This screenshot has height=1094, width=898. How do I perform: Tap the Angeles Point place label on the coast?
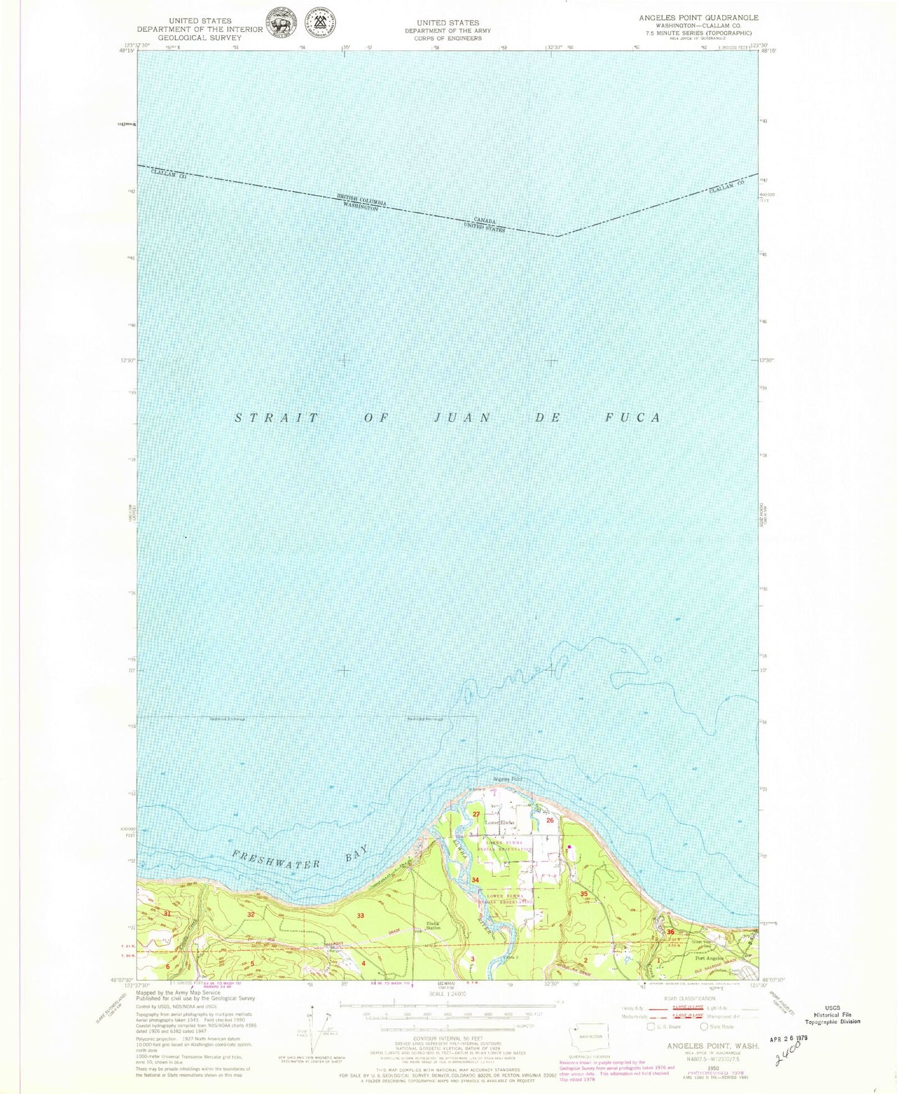coord(507,779)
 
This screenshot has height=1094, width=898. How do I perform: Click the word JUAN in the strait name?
coord(457,418)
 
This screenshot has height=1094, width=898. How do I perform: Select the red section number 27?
coord(477,814)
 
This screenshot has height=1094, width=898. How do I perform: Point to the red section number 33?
coord(360,916)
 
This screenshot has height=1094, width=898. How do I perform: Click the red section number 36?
coord(670,932)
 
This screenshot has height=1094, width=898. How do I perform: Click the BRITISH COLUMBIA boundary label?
coord(362,200)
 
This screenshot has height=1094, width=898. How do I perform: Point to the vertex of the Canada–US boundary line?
coord(557,236)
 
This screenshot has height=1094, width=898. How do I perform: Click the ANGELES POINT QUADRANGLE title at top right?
coord(699,17)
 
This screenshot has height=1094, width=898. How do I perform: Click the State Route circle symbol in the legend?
coord(705,1026)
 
